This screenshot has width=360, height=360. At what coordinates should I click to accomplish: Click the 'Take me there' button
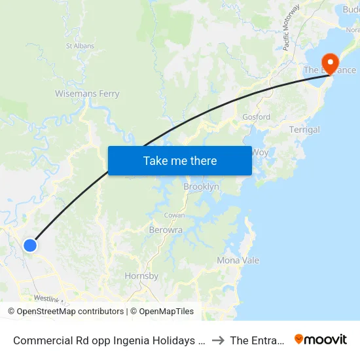tap(180, 160)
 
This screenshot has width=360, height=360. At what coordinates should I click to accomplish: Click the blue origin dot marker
tap(30, 245)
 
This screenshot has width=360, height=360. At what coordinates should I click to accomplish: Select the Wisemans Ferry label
tap(87, 94)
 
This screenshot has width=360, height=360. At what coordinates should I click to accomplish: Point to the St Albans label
tap(81, 46)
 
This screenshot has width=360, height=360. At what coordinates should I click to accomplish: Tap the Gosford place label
tap(256, 117)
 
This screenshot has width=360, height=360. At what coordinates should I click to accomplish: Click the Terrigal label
tap(304, 130)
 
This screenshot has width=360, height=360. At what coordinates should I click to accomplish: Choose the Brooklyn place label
tap(201, 187)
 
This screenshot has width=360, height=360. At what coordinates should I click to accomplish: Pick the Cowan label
tap(174, 215)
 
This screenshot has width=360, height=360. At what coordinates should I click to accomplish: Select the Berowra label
tap(166, 230)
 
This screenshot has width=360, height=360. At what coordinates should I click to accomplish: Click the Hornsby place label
tap(141, 276)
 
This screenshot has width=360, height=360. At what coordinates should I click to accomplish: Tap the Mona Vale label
tap(238, 260)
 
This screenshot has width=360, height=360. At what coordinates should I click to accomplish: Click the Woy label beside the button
tap(260, 152)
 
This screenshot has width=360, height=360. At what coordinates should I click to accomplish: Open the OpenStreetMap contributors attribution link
tap(70, 312)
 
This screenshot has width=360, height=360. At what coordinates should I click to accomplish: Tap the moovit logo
tap(320, 340)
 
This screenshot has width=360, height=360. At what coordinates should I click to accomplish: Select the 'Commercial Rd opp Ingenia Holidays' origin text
tap(105, 340)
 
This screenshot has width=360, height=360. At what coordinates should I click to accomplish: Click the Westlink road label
tap(46, 298)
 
